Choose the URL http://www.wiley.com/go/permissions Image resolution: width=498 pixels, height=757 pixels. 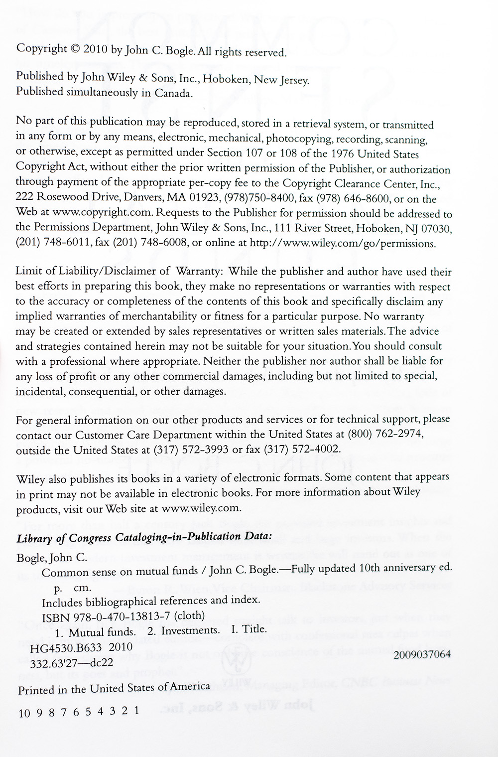click(342, 244)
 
